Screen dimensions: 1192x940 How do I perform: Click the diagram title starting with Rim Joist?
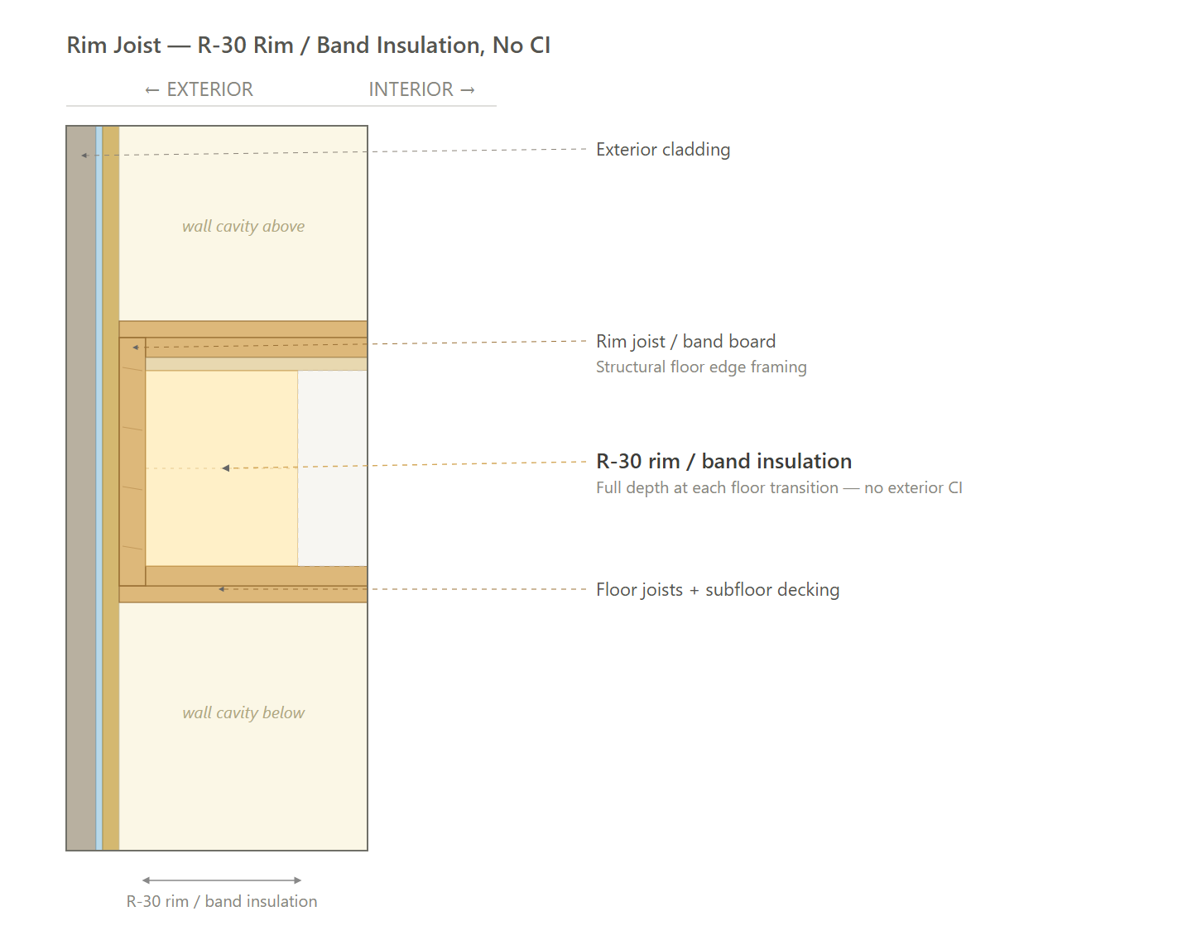[x=309, y=46]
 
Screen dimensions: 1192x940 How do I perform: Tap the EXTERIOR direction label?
[x=199, y=89]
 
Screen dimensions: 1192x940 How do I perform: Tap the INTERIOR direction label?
[x=422, y=89]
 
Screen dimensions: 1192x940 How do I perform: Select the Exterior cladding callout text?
[x=663, y=150]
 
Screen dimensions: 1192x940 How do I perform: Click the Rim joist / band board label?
[x=685, y=341]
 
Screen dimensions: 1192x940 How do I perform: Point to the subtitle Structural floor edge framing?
[x=701, y=367]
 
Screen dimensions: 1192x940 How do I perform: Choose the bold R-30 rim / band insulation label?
[x=724, y=461]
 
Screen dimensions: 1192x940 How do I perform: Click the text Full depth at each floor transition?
[x=718, y=487]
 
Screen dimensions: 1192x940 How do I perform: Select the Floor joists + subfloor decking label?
[x=718, y=589]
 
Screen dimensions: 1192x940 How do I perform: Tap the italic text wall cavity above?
[x=243, y=226]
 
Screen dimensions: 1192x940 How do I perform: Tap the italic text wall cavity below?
[x=243, y=712]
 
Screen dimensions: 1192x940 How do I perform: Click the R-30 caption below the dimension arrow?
[x=222, y=901]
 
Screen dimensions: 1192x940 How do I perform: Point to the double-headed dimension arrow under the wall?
[x=222, y=880]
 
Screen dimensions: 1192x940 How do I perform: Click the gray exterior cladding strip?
[x=81, y=488]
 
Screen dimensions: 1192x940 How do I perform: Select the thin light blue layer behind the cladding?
[x=99, y=488]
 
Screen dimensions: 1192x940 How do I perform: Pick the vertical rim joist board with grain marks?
[x=132, y=462]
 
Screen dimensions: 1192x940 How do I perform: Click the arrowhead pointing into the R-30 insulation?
[x=225, y=468]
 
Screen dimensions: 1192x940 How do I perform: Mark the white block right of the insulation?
[x=332, y=468]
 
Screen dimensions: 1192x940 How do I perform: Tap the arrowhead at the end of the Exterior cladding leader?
[x=84, y=155]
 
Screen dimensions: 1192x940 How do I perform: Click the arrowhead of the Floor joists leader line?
[x=222, y=589]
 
